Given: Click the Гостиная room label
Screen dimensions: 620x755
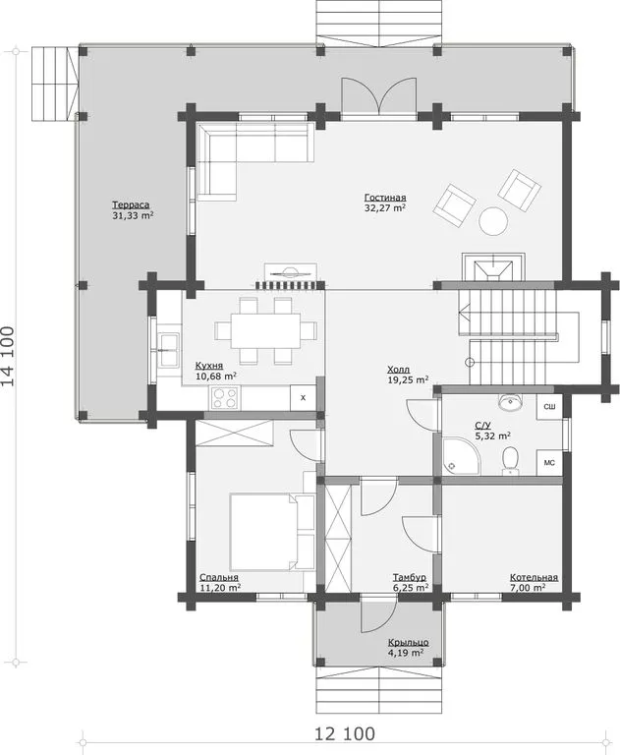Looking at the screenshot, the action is click(385, 198).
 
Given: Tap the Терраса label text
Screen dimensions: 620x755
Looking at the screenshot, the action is click(131, 204).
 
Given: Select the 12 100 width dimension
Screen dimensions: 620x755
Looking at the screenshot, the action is click(345, 733).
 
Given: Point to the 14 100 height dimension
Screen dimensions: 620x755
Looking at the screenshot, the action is click(8, 356).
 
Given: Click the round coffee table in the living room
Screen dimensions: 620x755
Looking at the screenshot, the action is click(493, 221).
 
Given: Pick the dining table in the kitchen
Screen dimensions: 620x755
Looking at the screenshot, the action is click(265, 330).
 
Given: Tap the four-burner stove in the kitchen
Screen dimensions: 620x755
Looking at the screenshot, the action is click(224, 398).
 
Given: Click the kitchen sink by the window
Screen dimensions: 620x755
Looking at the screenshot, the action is click(168, 350).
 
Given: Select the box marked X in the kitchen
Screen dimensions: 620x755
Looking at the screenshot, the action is click(303, 398).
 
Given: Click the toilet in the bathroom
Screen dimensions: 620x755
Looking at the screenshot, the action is click(510, 459).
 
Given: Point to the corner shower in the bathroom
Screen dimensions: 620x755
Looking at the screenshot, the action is click(461, 455).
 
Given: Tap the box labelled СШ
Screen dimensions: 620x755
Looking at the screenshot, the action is click(549, 407).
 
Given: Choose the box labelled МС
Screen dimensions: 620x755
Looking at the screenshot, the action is click(549, 463).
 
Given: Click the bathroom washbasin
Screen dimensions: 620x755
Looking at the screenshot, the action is click(510, 402).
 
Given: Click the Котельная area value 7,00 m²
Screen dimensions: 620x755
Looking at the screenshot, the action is click(528, 588).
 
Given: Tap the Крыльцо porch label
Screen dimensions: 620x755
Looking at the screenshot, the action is click(408, 642).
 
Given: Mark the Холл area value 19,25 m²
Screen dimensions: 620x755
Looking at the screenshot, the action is click(408, 379).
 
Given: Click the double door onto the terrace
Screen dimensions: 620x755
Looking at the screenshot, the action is click(379, 95).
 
